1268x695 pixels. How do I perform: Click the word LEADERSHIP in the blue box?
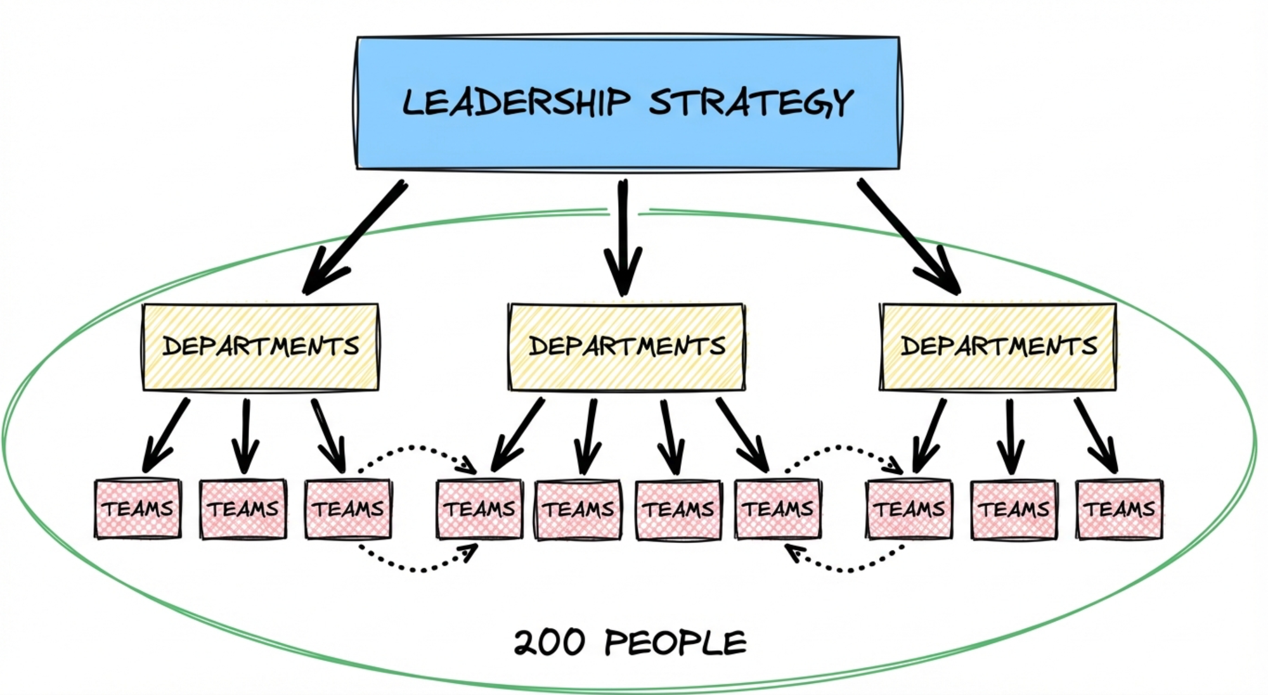point(516,103)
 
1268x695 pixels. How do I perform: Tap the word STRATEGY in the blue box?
point(751,103)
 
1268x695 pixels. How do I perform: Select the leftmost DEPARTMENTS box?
point(261,347)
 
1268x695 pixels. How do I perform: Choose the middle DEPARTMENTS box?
point(626,347)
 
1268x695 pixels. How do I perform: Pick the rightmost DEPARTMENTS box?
point(998,347)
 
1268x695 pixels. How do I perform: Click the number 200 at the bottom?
point(549,643)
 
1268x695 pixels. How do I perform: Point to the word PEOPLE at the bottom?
point(676,643)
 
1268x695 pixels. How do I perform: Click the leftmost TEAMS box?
point(138,509)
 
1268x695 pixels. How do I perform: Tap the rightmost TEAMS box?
point(1120,509)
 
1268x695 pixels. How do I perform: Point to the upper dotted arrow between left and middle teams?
point(415,449)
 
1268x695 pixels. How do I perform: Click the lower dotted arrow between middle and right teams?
point(843,568)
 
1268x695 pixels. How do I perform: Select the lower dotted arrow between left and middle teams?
point(415,568)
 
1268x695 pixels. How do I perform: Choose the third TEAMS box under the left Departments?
point(348,509)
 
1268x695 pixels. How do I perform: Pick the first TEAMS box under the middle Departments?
point(480,509)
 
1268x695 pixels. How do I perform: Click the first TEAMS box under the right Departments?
point(909,509)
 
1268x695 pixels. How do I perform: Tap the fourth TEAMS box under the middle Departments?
point(778,509)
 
